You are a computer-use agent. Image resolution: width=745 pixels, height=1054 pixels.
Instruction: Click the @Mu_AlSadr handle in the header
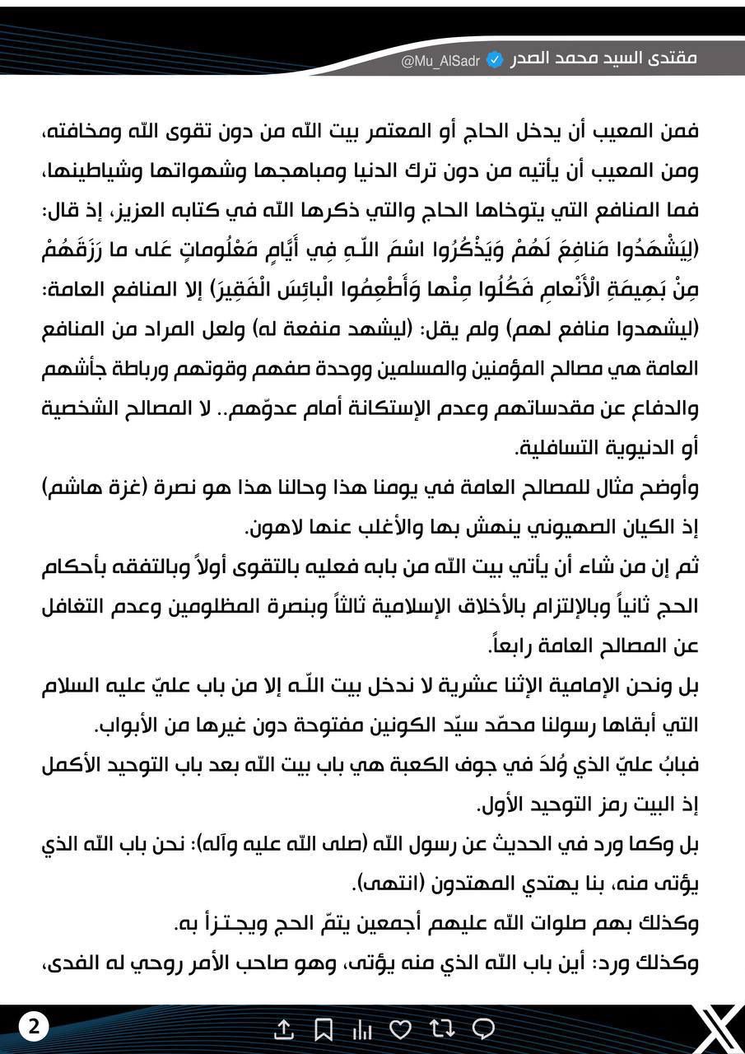tap(440, 60)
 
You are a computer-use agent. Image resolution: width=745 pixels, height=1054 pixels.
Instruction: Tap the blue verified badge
tap(495, 60)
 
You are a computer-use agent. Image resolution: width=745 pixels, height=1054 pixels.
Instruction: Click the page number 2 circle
tap(34, 1026)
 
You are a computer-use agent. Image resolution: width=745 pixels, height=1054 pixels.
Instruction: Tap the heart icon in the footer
tap(401, 1028)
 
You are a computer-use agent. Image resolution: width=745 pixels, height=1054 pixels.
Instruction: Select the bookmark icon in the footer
tap(324, 1028)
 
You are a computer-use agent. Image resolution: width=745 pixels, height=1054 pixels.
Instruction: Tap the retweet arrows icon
tap(441, 1028)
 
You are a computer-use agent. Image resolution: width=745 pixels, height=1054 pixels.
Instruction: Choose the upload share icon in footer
tap(283, 1028)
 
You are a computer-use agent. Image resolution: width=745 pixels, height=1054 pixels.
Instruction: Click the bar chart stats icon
tap(362, 1028)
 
